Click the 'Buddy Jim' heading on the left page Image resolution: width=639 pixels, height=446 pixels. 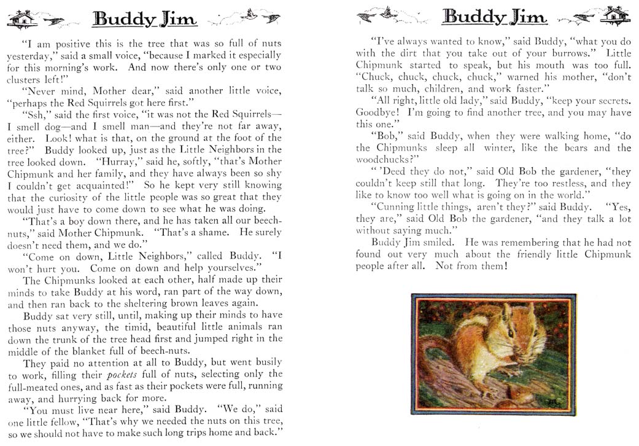[x=145, y=20]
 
